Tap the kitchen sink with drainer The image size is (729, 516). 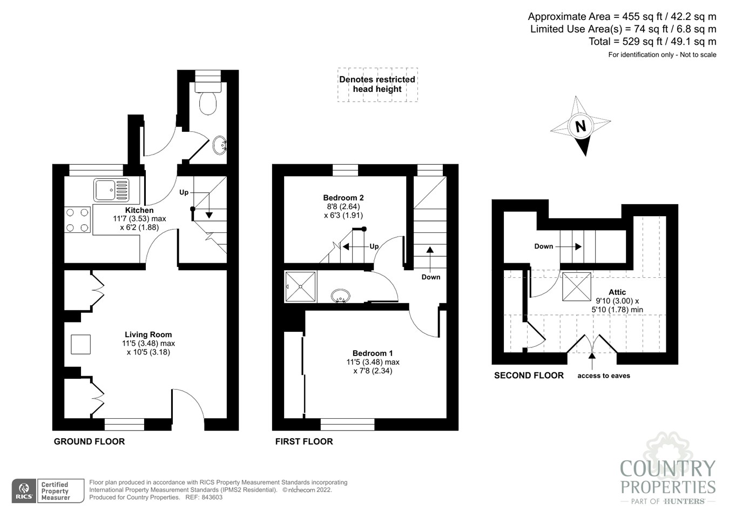(x=111, y=190)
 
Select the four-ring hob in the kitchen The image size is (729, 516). (x=77, y=220)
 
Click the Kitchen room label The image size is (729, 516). (x=139, y=210)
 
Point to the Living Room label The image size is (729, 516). (x=148, y=334)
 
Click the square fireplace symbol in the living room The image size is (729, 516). (x=80, y=344)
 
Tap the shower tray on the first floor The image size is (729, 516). (x=300, y=287)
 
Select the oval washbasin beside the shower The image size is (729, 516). (x=340, y=296)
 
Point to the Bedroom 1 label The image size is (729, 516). (x=373, y=353)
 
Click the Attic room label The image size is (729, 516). (x=617, y=292)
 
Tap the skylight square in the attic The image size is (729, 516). (x=576, y=286)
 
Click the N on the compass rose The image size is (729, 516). (x=580, y=126)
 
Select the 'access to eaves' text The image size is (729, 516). (x=604, y=376)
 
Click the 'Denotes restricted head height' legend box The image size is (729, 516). (x=377, y=84)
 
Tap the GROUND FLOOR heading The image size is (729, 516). (x=89, y=441)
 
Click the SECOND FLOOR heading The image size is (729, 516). (x=529, y=376)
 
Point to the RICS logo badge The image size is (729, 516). (x=24, y=491)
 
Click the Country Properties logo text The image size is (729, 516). (x=668, y=477)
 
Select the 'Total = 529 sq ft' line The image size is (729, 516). (x=652, y=42)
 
